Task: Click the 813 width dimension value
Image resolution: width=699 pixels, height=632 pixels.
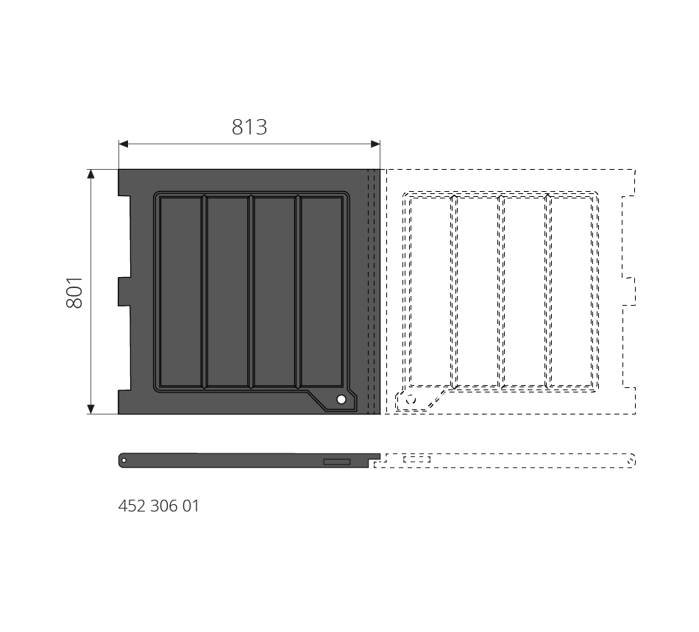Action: click(249, 127)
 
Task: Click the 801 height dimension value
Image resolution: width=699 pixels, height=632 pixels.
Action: click(74, 292)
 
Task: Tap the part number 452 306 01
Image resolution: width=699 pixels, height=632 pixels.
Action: click(159, 506)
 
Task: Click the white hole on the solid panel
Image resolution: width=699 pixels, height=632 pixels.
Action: click(341, 400)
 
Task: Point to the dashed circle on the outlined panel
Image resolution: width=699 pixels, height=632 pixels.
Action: click(411, 400)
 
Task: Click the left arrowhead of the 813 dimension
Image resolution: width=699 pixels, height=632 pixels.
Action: click(124, 144)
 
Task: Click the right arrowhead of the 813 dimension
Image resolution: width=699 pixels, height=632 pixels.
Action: click(375, 144)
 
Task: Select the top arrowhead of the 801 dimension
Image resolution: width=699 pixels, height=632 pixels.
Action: click(91, 174)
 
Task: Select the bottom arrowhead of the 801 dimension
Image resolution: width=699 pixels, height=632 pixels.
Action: click(91, 409)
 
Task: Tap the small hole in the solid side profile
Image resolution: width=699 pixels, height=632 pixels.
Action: click(124, 461)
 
